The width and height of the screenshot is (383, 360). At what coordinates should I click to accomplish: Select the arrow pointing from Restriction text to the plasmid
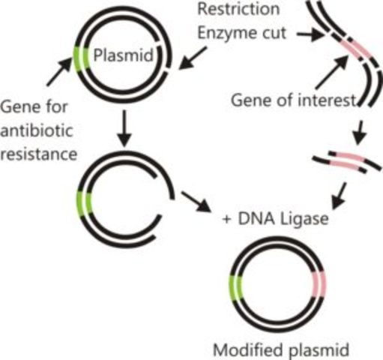pos(194,56)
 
